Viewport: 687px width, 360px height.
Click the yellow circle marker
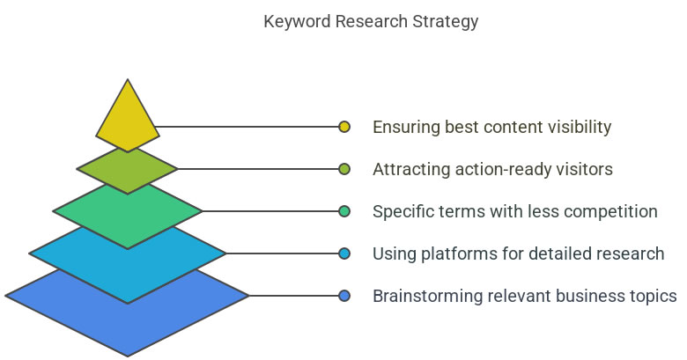point(344,127)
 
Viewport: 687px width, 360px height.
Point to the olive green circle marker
point(344,169)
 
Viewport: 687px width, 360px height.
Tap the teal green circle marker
point(344,211)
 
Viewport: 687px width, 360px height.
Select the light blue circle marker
point(344,253)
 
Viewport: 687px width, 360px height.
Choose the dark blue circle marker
point(344,296)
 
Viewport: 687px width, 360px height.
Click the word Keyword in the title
point(297,21)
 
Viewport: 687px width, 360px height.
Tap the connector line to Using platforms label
point(282,253)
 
